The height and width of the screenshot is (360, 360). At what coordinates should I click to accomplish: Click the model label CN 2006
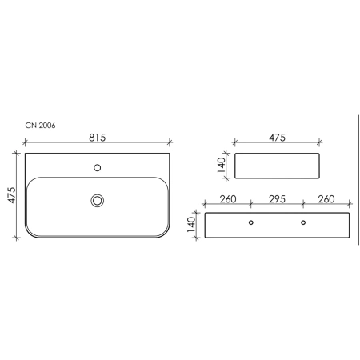(40, 126)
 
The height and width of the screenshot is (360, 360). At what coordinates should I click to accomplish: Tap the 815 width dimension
(98, 138)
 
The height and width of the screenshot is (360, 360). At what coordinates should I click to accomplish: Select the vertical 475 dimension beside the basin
(12, 195)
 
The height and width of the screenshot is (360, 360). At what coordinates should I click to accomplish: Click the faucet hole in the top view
(98, 168)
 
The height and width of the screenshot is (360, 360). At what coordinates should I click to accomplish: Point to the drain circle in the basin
(98, 201)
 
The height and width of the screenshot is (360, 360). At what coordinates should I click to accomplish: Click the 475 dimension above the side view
(277, 138)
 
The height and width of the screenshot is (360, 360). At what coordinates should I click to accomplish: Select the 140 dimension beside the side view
(222, 166)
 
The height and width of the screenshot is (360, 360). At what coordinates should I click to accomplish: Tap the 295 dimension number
(277, 199)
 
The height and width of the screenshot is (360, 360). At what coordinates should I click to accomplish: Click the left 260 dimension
(228, 199)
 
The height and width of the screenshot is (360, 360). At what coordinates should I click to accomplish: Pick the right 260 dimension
(326, 199)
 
